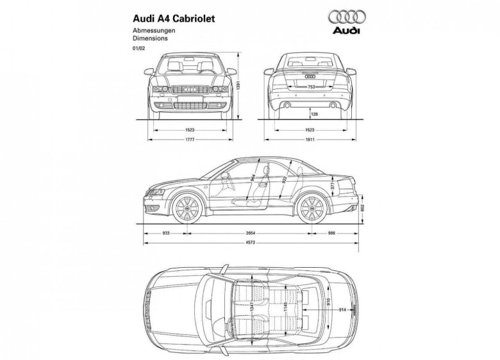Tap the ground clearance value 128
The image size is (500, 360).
[313, 114]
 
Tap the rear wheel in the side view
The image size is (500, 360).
[312, 206]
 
